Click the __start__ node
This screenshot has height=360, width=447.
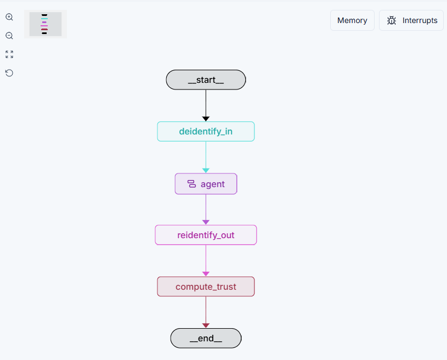coord(206,80)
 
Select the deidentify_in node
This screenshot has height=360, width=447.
coord(206,132)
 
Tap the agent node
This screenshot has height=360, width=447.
coord(206,184)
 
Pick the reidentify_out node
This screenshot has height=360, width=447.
coord(206,235)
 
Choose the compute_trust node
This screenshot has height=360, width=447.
coord(206,286)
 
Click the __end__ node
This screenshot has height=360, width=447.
coord(206,338)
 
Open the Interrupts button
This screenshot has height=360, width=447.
coord(411,20)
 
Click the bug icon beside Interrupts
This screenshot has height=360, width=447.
coord(392,20)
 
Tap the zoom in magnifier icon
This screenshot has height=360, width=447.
coord(9,17)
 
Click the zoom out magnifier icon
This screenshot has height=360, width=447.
coord(9,36)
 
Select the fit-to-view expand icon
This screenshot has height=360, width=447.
coord(9,54)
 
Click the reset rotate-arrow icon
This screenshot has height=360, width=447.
coord(9,73)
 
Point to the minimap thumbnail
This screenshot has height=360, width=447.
coord(46,24)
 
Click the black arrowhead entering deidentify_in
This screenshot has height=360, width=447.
coord(206,119)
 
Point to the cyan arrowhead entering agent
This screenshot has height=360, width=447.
coord(206,171)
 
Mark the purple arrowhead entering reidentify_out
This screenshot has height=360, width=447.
coord(206,222)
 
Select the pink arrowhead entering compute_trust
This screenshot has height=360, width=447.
coord(206,274)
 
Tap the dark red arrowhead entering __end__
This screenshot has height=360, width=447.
coord(206,325)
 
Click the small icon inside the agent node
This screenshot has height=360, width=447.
coord(191,184)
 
